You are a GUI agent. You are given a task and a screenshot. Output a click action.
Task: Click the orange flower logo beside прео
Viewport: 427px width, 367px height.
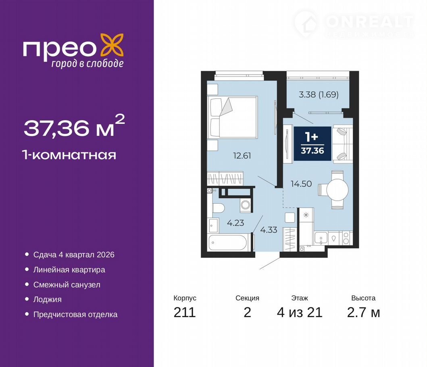click(112, 45)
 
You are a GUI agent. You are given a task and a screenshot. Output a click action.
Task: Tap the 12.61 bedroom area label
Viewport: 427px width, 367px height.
click(242, 156)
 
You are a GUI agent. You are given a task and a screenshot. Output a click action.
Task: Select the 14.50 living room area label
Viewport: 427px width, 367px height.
click(301, 183)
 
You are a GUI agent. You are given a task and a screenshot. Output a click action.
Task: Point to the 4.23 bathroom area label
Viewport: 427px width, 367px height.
click(235, 223)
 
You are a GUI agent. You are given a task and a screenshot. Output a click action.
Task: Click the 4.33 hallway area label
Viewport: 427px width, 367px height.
click(269, 230)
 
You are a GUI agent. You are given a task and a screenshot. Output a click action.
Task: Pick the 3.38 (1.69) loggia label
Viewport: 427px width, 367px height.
click(319, 94)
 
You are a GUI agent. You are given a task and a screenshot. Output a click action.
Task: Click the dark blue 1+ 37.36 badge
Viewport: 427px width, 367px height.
click(312, 144)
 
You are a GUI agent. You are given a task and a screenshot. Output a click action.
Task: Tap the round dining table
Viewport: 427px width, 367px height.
click(337, 190)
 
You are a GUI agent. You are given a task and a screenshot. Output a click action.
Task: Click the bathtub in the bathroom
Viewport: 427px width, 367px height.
click(228, 242)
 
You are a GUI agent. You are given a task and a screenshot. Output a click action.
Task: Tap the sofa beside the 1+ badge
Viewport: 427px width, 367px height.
click(342, 144)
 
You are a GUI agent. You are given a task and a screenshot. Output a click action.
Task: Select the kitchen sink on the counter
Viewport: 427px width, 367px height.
click(321, 238)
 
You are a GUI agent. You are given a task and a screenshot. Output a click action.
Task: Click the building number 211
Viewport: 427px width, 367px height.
click(185, 312)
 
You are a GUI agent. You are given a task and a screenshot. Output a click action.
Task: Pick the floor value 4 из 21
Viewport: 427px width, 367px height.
click(300, 312)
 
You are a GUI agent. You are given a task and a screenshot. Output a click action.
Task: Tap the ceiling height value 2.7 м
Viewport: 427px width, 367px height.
click(363, 312)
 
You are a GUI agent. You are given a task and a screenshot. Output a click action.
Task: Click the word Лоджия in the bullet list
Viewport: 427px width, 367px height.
click(48, 299)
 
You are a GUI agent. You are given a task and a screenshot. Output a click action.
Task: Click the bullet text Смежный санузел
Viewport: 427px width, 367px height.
click(67, 285)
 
